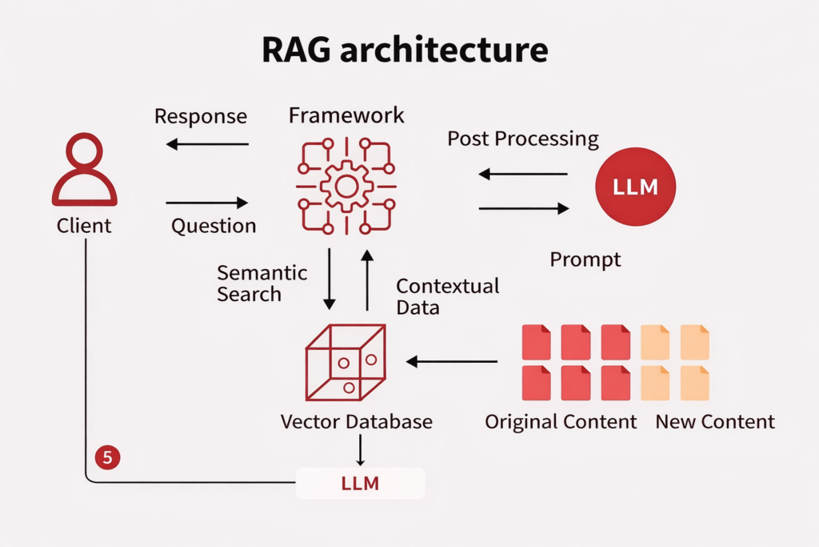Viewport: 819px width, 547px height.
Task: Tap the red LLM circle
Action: [x=636, y=187]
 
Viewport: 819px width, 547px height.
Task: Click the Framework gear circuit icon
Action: [x=346, y=186]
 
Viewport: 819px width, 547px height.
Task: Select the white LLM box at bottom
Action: [x=360, y=483]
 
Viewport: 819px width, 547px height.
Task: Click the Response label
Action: [x=201, y=116]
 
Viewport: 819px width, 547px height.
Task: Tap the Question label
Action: [x=214, y=226]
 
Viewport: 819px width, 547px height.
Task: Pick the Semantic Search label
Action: [x=250, y=283]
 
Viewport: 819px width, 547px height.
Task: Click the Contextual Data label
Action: [x=447, y=296]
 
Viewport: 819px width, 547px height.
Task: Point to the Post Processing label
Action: [x=522, y=139]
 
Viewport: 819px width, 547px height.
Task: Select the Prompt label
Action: [x=585, y=260]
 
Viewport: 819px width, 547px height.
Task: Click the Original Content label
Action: [x=561, y=421]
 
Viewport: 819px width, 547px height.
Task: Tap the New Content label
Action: [x=715, y=421]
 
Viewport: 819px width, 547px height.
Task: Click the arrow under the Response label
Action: [x=208, y=144]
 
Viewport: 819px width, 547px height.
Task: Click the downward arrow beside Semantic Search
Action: [x=329, y=279]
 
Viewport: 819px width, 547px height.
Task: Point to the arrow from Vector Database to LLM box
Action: [x=360, y=450]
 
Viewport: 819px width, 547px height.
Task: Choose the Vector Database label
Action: [x=356, y=421]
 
